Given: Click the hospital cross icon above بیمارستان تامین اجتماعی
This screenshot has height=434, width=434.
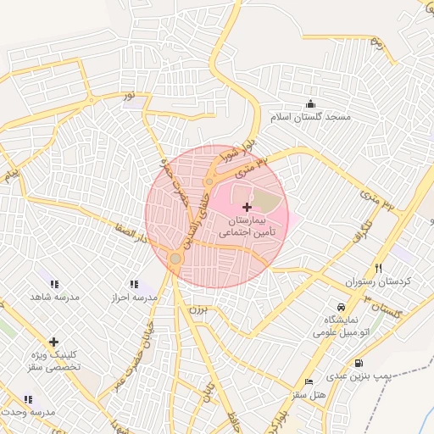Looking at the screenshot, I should pos(247,208).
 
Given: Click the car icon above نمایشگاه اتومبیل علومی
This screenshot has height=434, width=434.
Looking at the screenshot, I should pos(340,306).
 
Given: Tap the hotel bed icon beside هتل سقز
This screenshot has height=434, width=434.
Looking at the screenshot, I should pos(308,382).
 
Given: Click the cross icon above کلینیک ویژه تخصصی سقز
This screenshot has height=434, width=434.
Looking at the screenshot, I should pos(54,342).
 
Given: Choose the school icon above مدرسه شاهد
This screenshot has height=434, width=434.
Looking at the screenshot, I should pos(54,285).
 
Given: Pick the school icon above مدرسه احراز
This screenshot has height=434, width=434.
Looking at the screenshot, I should pos(133,285).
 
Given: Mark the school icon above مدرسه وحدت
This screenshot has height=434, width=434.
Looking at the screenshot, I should pos(29,398).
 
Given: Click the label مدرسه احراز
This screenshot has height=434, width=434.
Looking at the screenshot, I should pos(135,298).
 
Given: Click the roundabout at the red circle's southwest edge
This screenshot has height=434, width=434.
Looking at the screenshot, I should pos(175,258).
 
